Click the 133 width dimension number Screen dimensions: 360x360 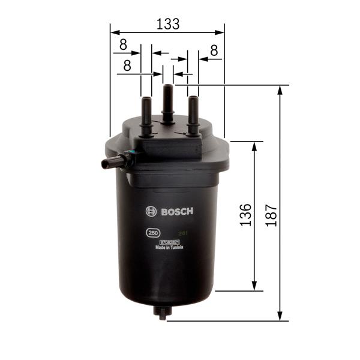(168, 24)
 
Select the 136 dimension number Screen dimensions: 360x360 (245, 215)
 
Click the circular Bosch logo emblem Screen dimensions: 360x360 (151, 211)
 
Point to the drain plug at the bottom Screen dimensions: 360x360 (161, 313)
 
